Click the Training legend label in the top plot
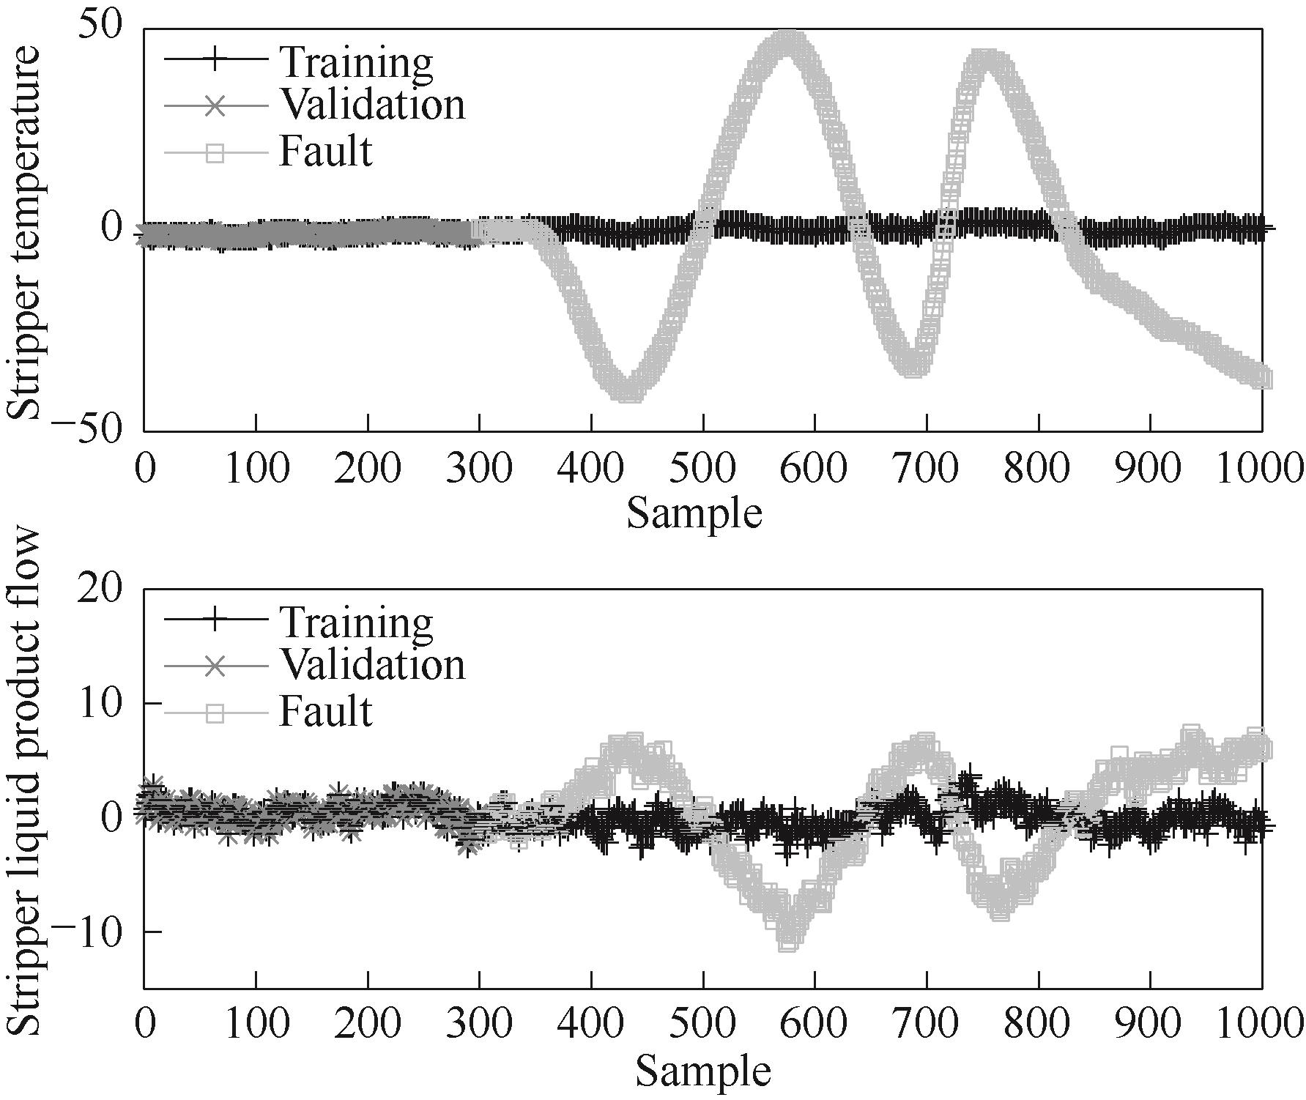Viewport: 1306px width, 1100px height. click(355, 63)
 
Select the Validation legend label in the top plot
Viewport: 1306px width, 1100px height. click(371, 105)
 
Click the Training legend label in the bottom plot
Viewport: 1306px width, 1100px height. click(355, 623)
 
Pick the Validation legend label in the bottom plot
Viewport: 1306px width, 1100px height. click(371, 665)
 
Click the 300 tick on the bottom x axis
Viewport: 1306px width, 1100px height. click(479, 1024)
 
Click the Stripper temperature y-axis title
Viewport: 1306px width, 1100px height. click(26, 232)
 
